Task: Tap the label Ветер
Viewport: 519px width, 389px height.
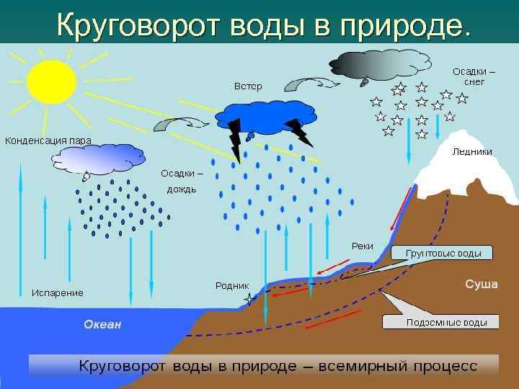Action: pos(248,86)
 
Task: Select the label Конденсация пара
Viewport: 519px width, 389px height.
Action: pos(48,140)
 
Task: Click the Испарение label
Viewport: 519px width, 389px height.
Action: pos(57,293)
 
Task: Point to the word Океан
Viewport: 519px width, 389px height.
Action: pos(102,325)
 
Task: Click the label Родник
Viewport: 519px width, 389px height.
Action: pos(232,286)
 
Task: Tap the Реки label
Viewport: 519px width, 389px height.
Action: pos(362,246)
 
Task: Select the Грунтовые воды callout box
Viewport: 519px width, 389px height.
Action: pos(443,253)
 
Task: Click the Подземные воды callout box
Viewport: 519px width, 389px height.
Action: pos(442,322)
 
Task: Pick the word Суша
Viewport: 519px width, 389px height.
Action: pos(481,285)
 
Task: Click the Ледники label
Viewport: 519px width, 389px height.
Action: pos(472,152)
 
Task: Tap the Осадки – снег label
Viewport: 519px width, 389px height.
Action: pos(474,76)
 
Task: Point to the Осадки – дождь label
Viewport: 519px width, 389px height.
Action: pos(182,182)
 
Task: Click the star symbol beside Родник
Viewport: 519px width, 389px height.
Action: pos(250,298)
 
